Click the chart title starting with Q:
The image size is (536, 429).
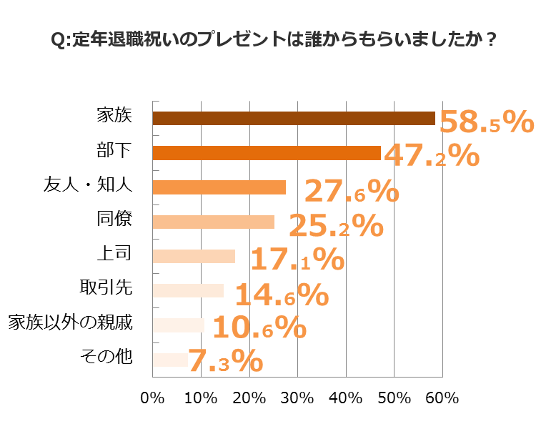[274, 39]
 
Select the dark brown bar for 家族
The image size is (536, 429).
[294, 119]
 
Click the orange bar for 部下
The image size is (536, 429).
[267, 153]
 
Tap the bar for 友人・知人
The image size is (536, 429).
[219, 187]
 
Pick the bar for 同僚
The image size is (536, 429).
[214, 222]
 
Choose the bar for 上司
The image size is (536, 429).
[194, 256]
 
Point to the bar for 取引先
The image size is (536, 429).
[188, 290]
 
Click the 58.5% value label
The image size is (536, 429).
[486, 122]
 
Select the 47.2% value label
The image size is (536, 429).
[431, 155]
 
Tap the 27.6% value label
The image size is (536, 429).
[352, 192]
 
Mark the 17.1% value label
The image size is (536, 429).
[297, 260]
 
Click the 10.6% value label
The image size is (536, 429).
[259, 327]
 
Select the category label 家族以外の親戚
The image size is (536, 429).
[71, 322]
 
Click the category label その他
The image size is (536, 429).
[106, 357]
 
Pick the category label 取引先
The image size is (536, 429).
[106, 288]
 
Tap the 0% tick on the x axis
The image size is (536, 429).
[153, 398]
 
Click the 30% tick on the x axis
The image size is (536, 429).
[297, 398]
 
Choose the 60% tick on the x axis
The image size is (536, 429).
[442, 398]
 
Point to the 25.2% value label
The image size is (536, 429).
[336, 226]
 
